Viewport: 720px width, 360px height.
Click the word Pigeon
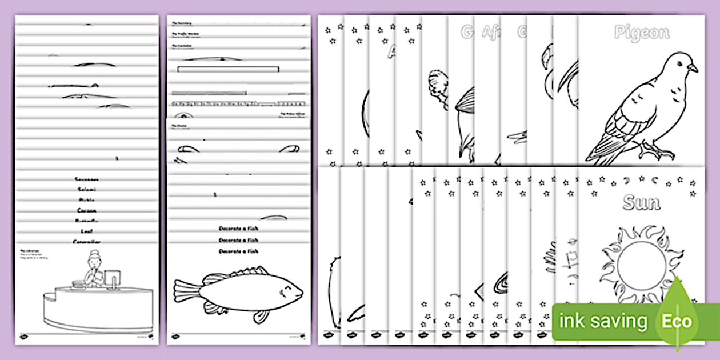coord(641,33)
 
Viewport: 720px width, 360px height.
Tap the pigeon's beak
coord(693,68)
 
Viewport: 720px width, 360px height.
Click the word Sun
coord(641,202)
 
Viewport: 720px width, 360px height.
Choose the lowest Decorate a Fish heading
coord(238,251)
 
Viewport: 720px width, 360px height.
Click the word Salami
coord(87,189)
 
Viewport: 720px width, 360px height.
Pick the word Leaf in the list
coord(87,231)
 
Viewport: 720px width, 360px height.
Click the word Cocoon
coord(87,210)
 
